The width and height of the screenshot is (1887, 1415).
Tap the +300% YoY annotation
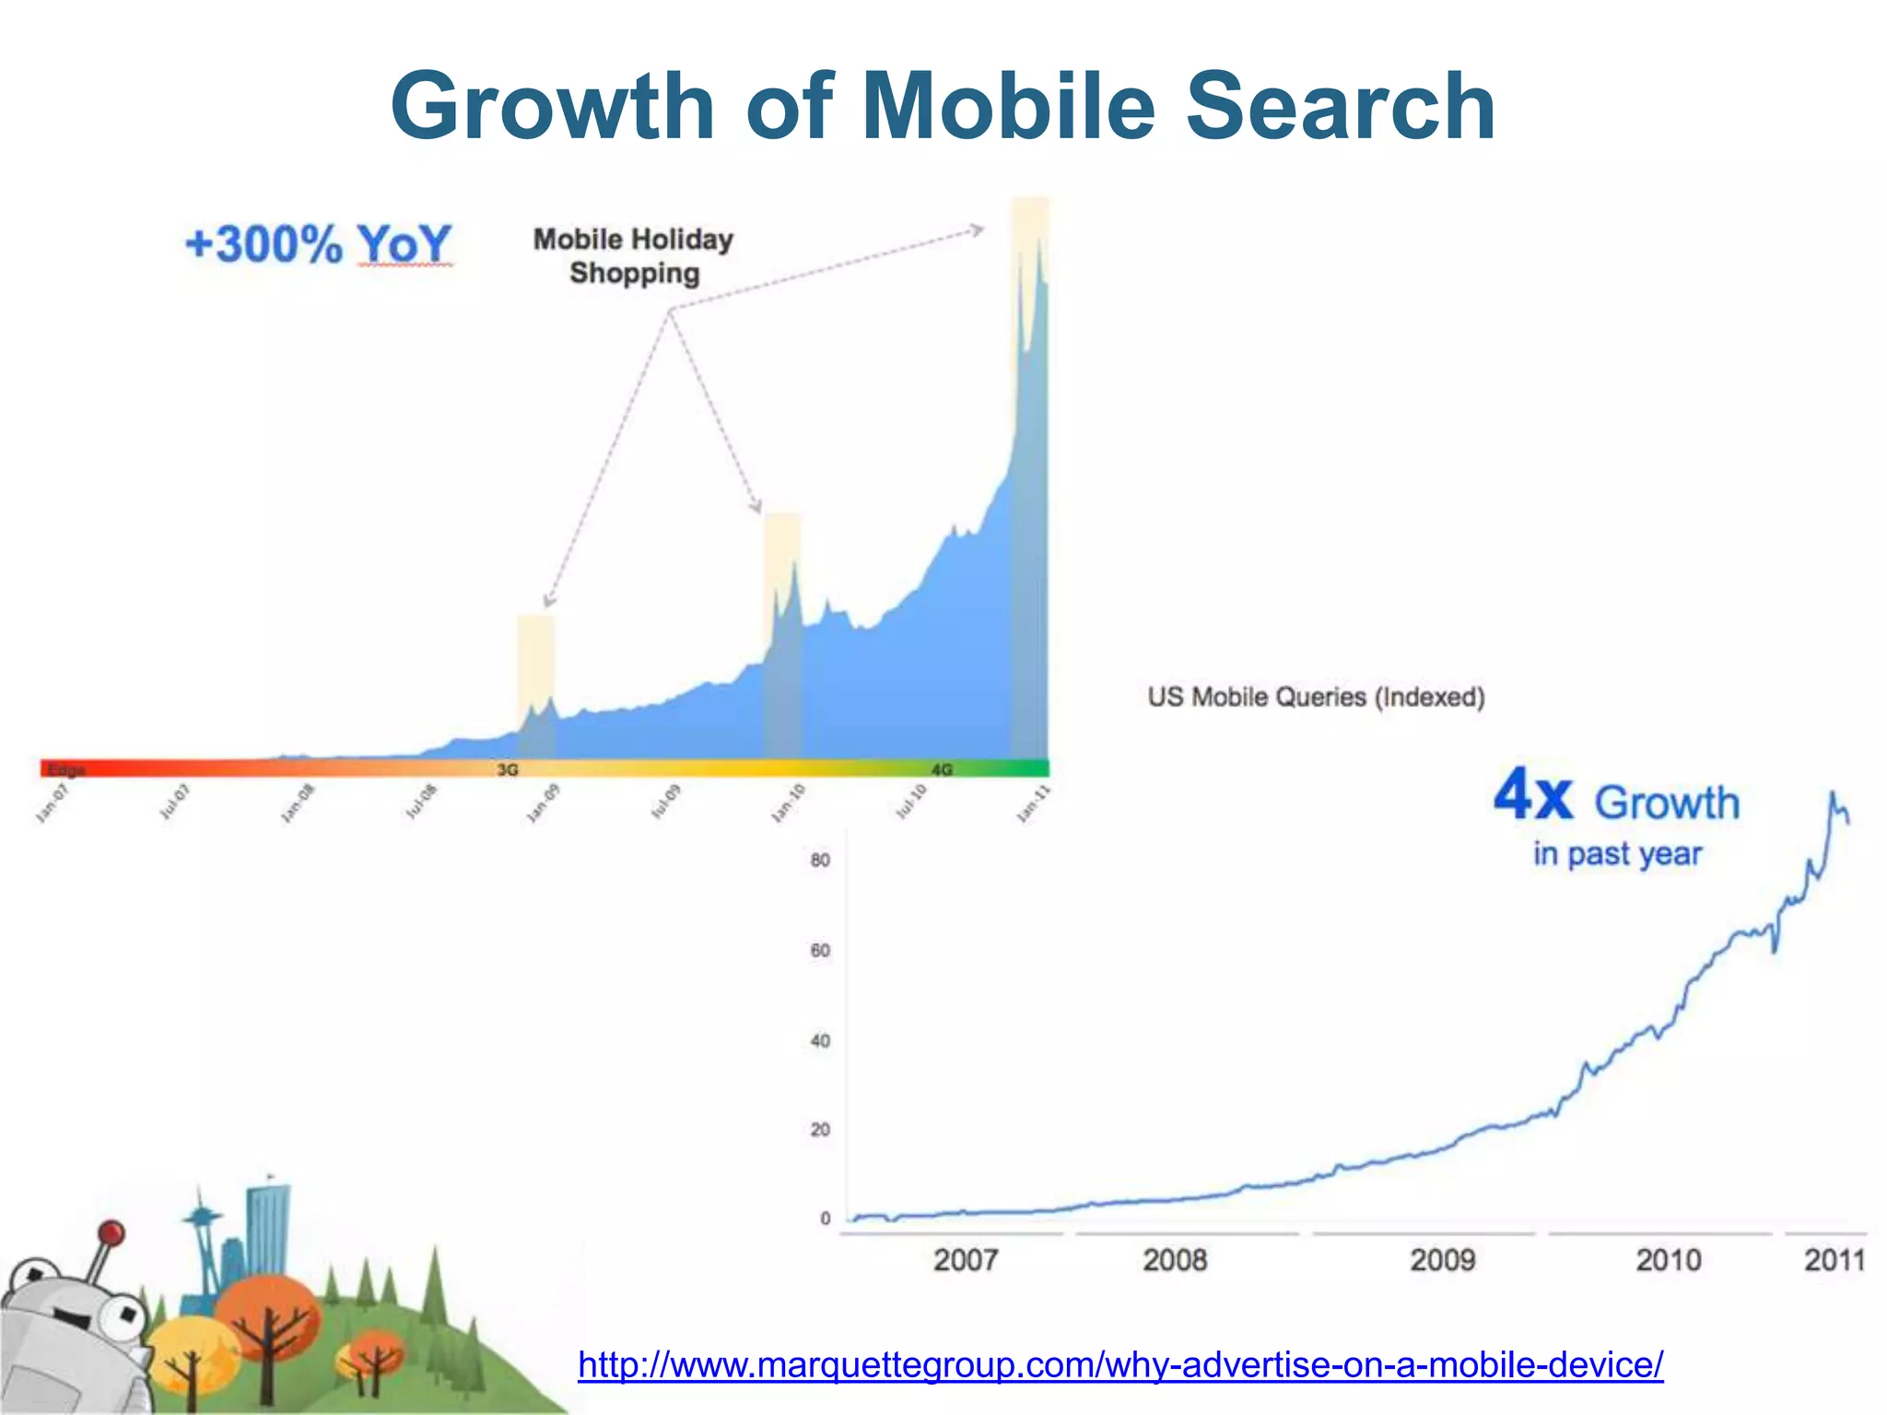point(318,245)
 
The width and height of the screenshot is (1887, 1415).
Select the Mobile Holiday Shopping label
point(634,256)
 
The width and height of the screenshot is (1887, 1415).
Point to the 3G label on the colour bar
point(508,769)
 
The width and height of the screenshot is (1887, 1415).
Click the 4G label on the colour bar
point(942,769)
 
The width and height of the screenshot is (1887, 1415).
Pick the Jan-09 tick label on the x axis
point(543,803)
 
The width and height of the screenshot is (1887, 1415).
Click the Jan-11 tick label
point(1033,803)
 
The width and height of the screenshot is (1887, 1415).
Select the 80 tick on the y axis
point(820,860)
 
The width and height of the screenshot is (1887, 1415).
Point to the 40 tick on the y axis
point(820,1041)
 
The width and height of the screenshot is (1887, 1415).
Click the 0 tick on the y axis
point(826,1219)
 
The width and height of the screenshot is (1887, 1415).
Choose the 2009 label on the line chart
point(1442,1260)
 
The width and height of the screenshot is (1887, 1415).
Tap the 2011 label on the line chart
point(1834,1260)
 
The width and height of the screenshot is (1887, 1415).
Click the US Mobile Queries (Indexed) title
point(1316,697)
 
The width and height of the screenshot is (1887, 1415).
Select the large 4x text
point(1533,796)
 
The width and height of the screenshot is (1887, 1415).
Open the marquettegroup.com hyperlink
point(1120,1364)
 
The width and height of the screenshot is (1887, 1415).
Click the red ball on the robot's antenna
point(111,1233)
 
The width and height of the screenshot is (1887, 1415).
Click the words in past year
point(1617,854)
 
